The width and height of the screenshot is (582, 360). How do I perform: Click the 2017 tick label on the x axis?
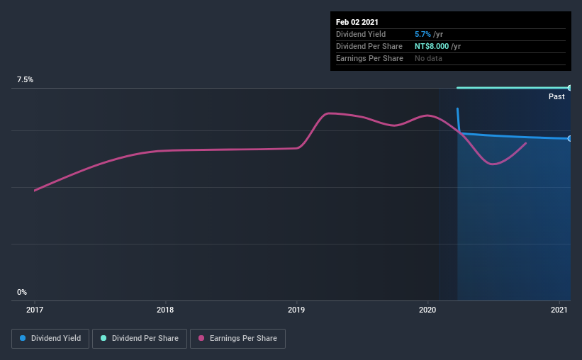35,310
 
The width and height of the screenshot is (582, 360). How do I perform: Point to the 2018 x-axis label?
165,310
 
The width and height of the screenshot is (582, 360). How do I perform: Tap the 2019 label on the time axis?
296,310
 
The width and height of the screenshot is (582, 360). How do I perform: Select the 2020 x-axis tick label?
427,310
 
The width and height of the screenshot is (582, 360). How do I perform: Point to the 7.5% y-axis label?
26,80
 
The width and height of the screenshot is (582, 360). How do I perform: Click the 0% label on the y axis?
22,292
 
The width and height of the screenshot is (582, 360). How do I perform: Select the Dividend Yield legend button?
51,339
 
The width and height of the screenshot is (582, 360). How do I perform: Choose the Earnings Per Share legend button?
237,339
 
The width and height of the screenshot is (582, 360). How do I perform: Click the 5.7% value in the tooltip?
422,34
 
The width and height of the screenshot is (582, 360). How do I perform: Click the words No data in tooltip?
429,58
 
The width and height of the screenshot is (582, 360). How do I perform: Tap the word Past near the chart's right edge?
556,96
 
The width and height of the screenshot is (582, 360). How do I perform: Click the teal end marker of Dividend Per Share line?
569,88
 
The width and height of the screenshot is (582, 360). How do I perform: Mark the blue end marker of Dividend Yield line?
569,138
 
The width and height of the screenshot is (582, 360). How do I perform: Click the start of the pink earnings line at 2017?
35,190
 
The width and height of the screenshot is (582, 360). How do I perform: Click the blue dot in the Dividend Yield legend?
23,339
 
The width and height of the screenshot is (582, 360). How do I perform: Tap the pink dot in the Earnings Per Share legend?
201,339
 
